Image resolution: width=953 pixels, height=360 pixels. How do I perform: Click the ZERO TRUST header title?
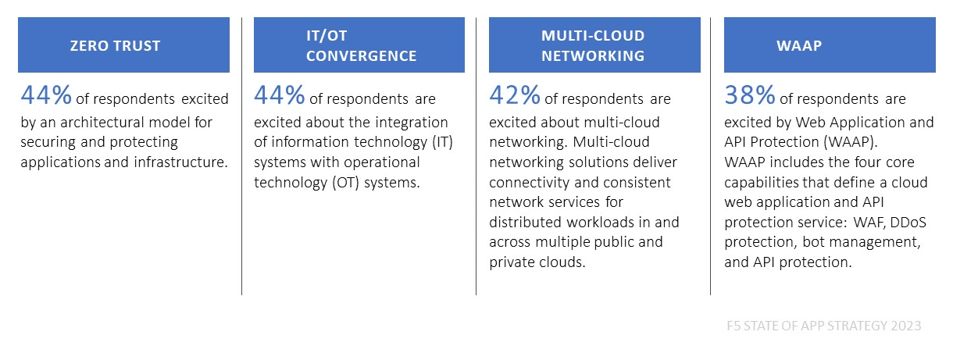(x=115, y=45)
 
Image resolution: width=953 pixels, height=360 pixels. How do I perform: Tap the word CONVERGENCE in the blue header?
(x=361, y=55)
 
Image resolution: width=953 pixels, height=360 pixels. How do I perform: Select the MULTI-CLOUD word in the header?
(x=593, y=36)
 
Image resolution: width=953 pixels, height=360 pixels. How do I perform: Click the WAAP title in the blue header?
(x=799, y=45)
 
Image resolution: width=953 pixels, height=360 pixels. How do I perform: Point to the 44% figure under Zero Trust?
(x=46, y=94)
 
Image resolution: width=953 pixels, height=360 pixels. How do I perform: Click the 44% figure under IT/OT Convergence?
(x=280, y=94)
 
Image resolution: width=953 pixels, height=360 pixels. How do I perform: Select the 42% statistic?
(x=515, y=94)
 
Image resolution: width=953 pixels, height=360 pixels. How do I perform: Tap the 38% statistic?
(x=750, y=94)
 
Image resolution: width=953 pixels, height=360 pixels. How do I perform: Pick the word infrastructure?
(x=180, y=162)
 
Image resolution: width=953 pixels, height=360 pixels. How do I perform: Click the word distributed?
(x=526, y=222)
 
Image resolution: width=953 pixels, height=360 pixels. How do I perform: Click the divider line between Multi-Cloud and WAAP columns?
(x=710, y=156)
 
